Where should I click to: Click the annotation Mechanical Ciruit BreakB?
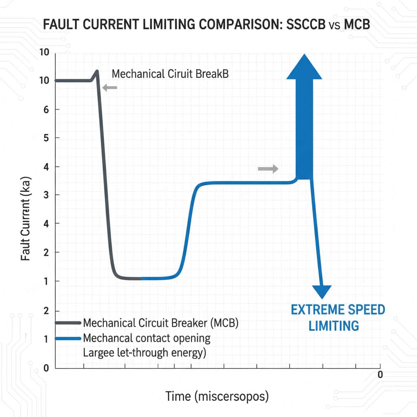click(x=170, y=75)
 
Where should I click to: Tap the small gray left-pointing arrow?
click(x=110, y=87)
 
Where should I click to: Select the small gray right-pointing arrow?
click(x=268, y=169)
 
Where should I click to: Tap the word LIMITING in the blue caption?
click(x=334, y=326)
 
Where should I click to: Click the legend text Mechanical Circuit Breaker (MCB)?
click(x=160, y=323)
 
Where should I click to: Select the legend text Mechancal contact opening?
click(x=147, y=338)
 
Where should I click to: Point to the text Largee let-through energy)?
click(x=144, y=353)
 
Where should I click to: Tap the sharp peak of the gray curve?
click(x=97, y=71)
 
